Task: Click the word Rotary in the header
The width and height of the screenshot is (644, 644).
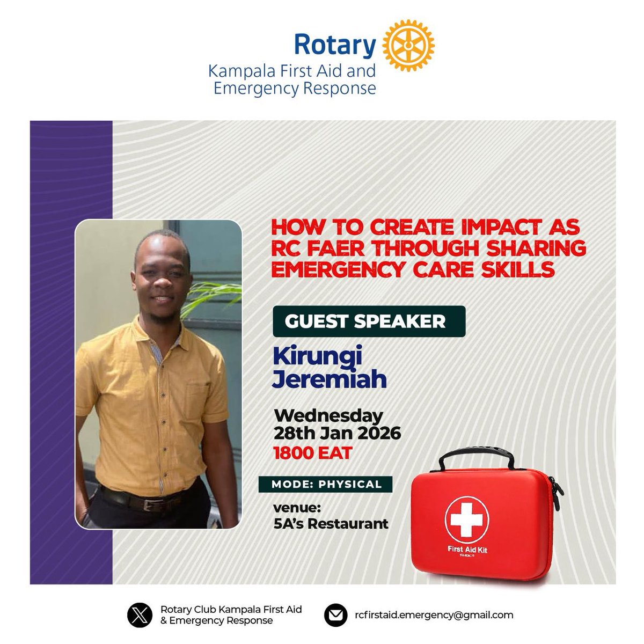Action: point(334,46)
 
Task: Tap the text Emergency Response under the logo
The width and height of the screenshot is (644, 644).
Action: point(294,88)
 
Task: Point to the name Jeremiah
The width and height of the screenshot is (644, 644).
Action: point(329,379)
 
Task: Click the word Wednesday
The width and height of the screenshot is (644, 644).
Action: point(328,415)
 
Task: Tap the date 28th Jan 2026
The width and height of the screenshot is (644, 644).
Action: point(337,433)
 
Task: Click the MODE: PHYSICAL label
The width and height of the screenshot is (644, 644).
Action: point(326,484)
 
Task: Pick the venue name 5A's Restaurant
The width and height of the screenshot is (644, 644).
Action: point(330,523)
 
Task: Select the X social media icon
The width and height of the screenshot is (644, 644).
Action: point(140,615)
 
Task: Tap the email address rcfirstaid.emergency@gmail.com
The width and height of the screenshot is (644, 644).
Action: point(434,614)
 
